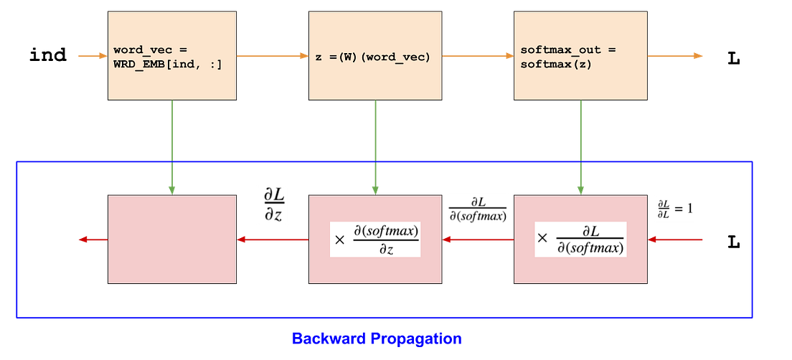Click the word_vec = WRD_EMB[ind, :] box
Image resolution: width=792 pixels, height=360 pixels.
[x=171, y=56]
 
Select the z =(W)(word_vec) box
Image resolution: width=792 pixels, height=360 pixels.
[x=374, y=56]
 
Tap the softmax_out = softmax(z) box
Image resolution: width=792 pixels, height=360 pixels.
[x=580, y=56]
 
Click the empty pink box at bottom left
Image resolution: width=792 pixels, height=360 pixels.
[x=171, y=240]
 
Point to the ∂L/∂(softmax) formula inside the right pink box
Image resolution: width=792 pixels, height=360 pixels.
[x=580, y=240]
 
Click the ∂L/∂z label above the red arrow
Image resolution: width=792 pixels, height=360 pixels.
[x=273, y=207]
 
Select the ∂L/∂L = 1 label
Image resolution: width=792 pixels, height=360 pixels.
[x=676, y=208]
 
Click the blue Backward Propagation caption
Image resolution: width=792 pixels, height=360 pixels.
[x=376, y=338]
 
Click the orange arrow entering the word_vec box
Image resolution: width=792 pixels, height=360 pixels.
[x=93, y=56]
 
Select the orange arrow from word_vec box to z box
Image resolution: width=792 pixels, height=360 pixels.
[x=272, y=56]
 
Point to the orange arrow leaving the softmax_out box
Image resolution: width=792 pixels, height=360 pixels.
[x=676, y=56]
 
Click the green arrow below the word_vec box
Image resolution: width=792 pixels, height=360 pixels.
[x=171, y=147]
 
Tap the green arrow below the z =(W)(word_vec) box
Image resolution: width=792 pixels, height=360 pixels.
[x=374, y=147]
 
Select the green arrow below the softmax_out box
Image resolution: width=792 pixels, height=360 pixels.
[x=580, y=147]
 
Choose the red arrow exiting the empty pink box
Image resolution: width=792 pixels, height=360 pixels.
[x=92, y=240]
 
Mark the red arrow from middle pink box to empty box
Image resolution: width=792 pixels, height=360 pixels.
[x=273, y=240]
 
